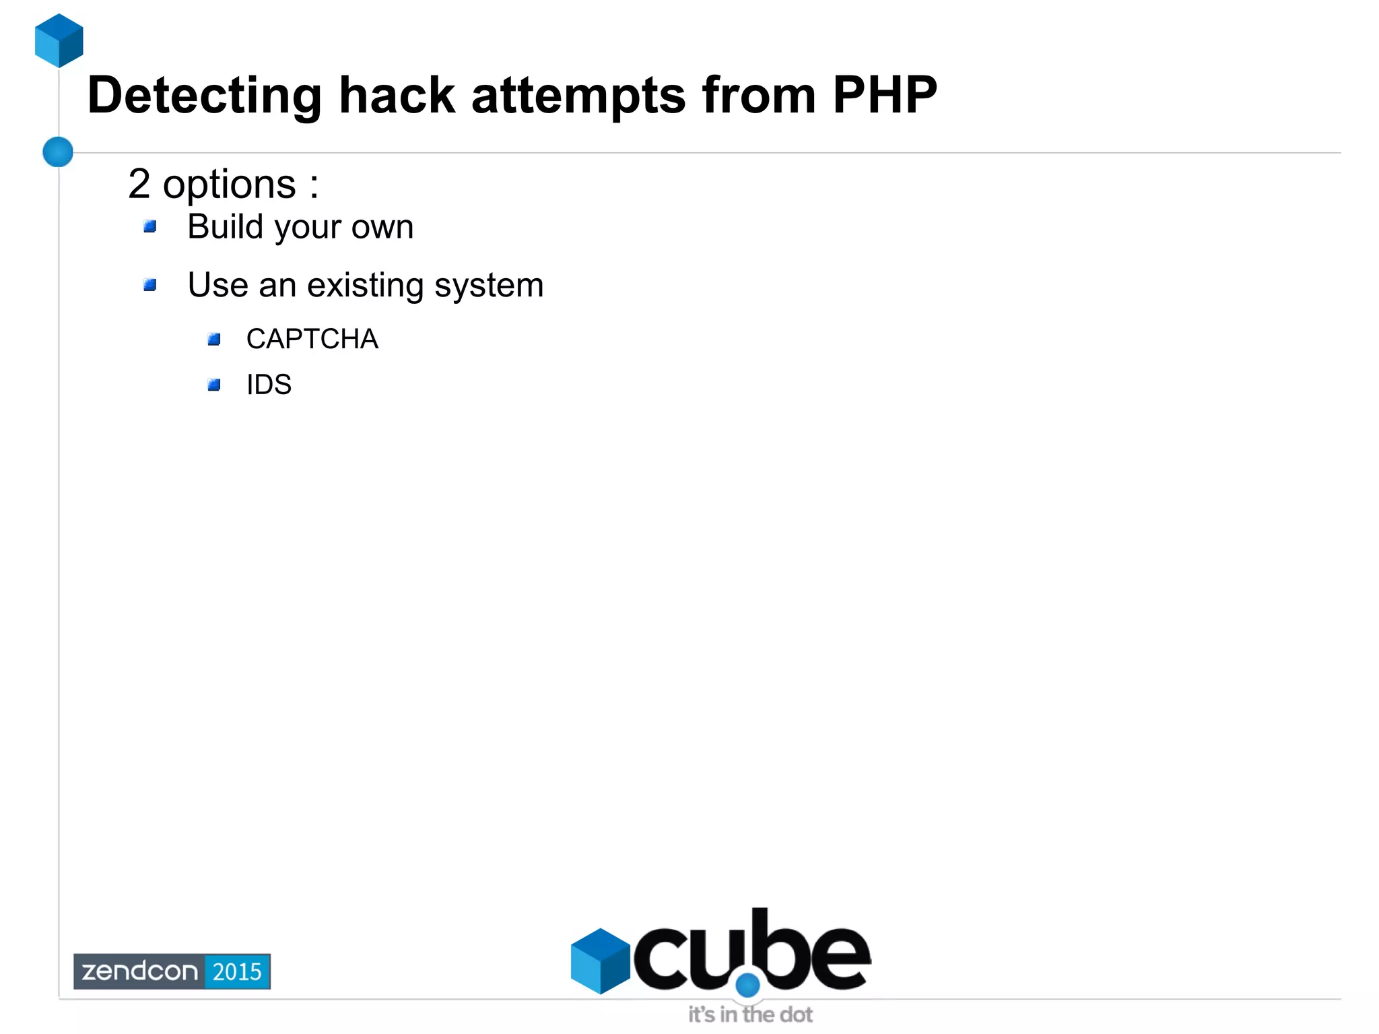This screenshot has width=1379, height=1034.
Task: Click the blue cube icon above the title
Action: tap(59, 40)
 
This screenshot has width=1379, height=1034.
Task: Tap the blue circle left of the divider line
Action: tap(58, 152)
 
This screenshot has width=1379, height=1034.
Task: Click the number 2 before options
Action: tap(139, 183)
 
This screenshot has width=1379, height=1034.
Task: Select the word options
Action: tap(229, 185)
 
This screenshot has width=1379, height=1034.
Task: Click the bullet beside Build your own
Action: tap(150, 226)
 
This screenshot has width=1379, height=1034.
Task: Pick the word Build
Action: tap(225, 226)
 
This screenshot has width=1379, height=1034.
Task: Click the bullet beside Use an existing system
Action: tap(150, 285)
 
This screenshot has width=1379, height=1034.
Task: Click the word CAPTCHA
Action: tap(312, 339)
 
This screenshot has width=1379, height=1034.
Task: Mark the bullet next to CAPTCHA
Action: tap(214, 339)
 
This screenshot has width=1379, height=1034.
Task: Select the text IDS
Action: tap(269, 385)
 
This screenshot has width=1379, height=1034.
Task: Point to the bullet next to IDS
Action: tap(214, 385)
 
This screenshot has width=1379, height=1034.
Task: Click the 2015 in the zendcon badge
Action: tap(237, 971)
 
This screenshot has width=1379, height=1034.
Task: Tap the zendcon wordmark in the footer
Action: tap(139, 971)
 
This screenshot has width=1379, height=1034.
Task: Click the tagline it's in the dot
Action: tap(750, 1014)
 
